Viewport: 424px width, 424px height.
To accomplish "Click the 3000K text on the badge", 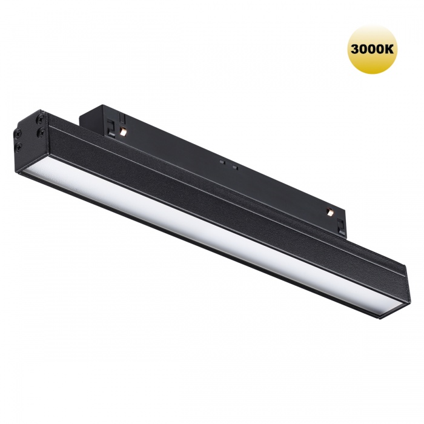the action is click(x=372, y=49).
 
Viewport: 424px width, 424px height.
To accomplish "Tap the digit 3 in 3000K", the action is click(x=355, y=49).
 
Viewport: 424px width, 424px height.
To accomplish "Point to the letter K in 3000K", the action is click(x=389, y=49).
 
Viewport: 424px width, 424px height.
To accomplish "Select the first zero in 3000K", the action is click(x=363, y=49).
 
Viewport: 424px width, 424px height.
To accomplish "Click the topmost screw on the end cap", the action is click(x=41, y=119).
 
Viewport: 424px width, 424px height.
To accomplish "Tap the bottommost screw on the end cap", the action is click(x=19, y=147).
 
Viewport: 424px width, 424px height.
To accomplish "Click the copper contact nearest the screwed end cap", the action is click(x=124, y=131).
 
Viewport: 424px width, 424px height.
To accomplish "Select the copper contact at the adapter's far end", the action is click(x=330, y=212).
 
